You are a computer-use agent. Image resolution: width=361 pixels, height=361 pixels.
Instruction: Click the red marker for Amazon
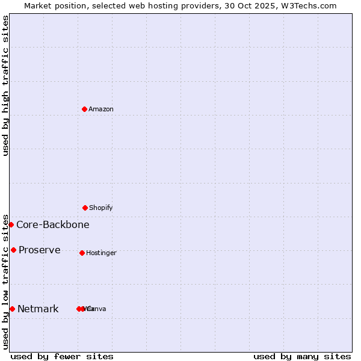click(x=85, y=109)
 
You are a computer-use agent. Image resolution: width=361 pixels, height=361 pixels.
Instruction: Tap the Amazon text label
click(x=101, y=110)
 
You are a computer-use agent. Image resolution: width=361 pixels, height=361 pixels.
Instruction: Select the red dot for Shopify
click(x=85, y=208)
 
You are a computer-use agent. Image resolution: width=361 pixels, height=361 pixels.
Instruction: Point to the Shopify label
click(x=101, y=208)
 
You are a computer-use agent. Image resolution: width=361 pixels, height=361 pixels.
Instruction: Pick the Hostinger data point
click(x=82, y=253)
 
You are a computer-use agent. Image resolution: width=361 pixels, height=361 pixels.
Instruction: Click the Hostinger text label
click(x=101, y=253)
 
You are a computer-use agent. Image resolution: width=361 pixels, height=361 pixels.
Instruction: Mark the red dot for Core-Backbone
click(x=11, y=224)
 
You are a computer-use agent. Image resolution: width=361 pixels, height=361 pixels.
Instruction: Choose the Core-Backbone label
click(x=53, y=225)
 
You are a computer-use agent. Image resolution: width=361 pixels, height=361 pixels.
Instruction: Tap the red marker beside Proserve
click(x=13, y=250)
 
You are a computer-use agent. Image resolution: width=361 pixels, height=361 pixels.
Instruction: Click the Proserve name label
click(x=40, y=250)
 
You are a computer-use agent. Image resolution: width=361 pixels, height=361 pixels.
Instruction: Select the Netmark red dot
click(x=12, y=309)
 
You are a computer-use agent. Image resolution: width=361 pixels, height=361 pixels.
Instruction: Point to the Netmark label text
click(x=38, y=309)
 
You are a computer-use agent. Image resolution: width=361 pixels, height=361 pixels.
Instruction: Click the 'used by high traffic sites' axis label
click(x=5, y=85)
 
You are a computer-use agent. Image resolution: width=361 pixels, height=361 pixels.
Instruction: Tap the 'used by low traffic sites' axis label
click(x=5, y=281)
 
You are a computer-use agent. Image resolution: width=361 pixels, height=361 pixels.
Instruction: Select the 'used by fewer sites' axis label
click(x=62, y=356)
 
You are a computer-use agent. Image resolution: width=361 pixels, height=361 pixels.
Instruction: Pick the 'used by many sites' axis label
click(x=302, y=356)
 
